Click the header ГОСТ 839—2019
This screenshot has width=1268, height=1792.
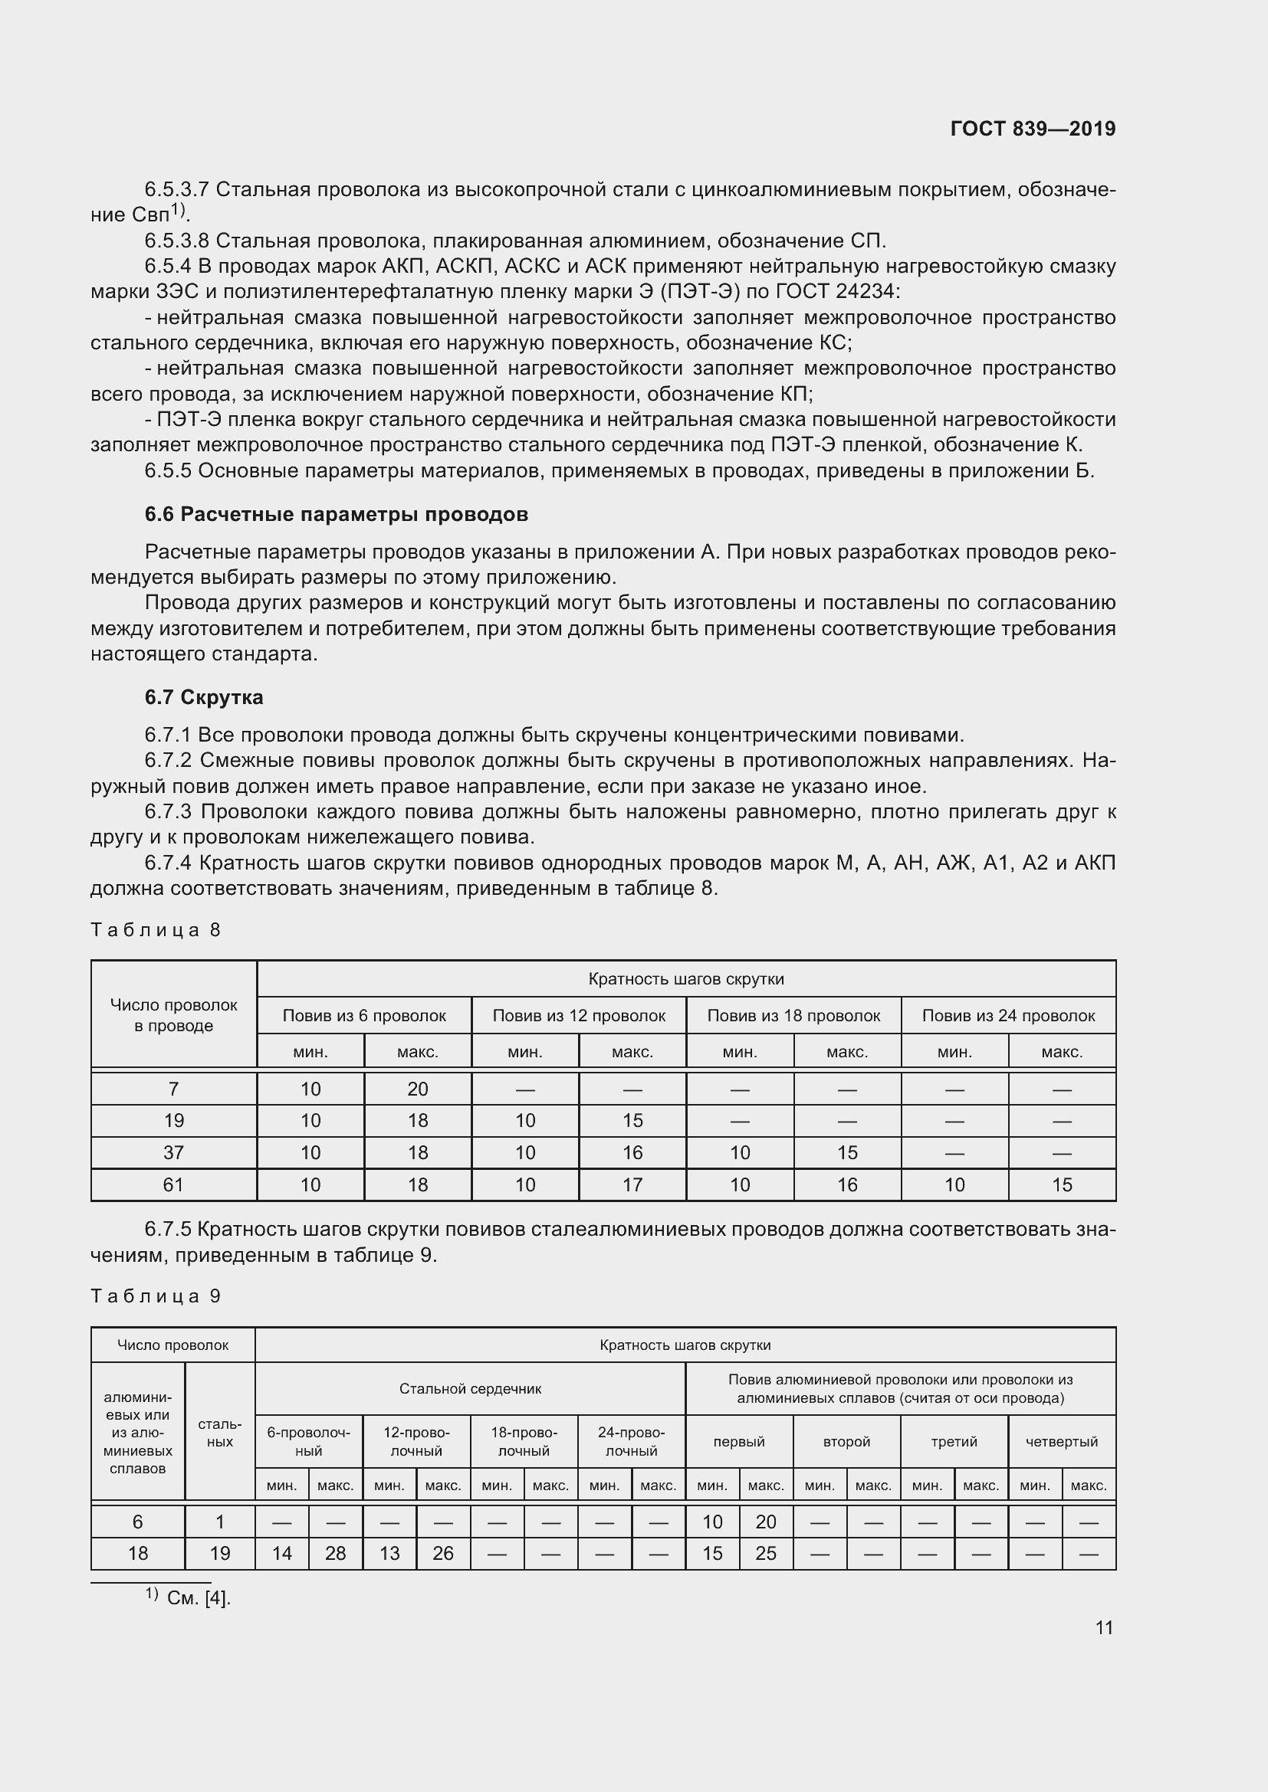click(1032, 129)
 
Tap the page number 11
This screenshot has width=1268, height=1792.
click(1103, 1627)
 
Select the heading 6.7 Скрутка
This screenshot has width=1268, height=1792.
click(204, 697)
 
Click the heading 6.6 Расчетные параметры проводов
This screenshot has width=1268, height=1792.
click(336, 514)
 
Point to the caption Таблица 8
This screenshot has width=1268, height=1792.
click(156, 929)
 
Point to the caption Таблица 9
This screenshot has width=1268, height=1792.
click(156, 1296)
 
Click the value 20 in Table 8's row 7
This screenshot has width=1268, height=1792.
click(418, 1089)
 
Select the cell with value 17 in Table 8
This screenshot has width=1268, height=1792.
click(632, 1184)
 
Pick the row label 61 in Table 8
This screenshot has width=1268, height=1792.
click(173, 1184)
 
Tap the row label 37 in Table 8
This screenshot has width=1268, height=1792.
click(173, 1153)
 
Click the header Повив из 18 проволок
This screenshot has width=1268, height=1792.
click(793, 1015)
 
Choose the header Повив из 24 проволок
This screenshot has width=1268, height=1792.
click(1008, 1015)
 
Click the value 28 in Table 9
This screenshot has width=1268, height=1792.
click(335, 1553)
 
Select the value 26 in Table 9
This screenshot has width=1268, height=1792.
click(442, 1553)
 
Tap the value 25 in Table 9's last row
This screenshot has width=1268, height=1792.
click(765, 1553)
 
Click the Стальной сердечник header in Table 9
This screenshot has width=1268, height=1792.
click(470, 1388)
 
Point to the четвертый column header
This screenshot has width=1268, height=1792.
click(1061, 1442)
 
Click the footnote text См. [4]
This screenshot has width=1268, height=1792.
click(199, 1597)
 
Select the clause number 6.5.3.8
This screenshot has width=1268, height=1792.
click(176, 241)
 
